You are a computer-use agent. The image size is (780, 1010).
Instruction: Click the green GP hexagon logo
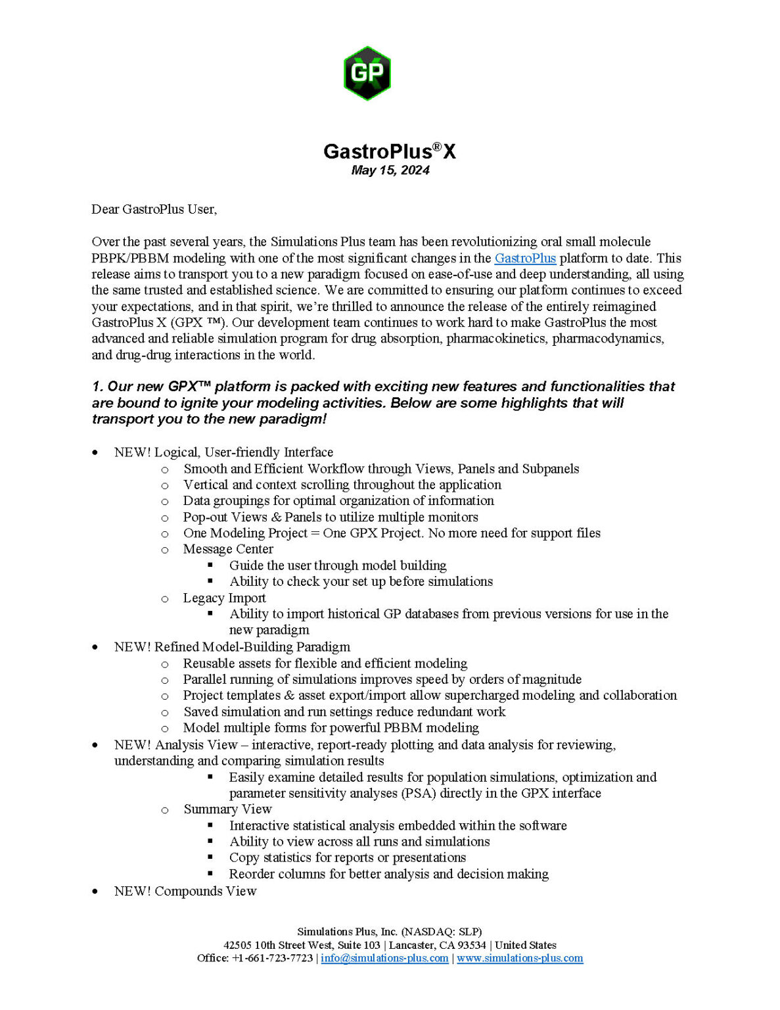(367, 72)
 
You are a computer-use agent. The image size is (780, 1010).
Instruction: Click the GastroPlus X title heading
(389, 151)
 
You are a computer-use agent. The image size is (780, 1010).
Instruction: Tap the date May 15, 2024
(390, 170)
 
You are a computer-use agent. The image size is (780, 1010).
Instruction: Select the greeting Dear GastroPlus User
(154, 209)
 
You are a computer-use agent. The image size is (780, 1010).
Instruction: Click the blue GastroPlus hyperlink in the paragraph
(525, 258)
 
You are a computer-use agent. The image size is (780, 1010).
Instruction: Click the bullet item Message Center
(228, 549)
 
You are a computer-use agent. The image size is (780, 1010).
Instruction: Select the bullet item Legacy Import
(224, 598)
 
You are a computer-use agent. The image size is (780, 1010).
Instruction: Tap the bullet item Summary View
(227, 809)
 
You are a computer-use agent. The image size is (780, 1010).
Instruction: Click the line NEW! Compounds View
(185, 891)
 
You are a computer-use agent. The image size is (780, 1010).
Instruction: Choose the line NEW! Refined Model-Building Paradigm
(232, 647)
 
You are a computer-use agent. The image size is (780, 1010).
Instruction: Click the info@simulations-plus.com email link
(384, 958)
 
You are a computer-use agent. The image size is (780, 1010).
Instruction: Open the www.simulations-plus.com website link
(520, 958)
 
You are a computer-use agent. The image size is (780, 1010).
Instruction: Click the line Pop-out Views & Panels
(331, 517)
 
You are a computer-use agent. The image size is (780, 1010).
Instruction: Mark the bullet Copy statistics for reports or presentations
(347, 857)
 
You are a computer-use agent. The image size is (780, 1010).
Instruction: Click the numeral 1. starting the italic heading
(97, 387)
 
